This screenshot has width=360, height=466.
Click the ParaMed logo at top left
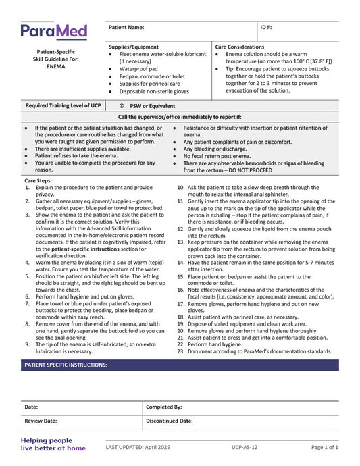(53, 30)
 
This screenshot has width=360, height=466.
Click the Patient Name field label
(126, 27)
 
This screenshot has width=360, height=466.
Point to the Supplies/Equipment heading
(134, 47)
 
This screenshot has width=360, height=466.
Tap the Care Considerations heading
(240, 47)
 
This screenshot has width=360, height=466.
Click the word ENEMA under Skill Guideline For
(56, 67)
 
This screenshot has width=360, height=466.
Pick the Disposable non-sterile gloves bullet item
(154, 91)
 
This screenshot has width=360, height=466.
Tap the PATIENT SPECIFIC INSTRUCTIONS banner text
(66, 365)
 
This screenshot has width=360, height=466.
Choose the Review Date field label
(41, 420)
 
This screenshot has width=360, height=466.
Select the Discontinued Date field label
(170, 420)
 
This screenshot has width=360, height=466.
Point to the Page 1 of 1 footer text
(324, 447)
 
